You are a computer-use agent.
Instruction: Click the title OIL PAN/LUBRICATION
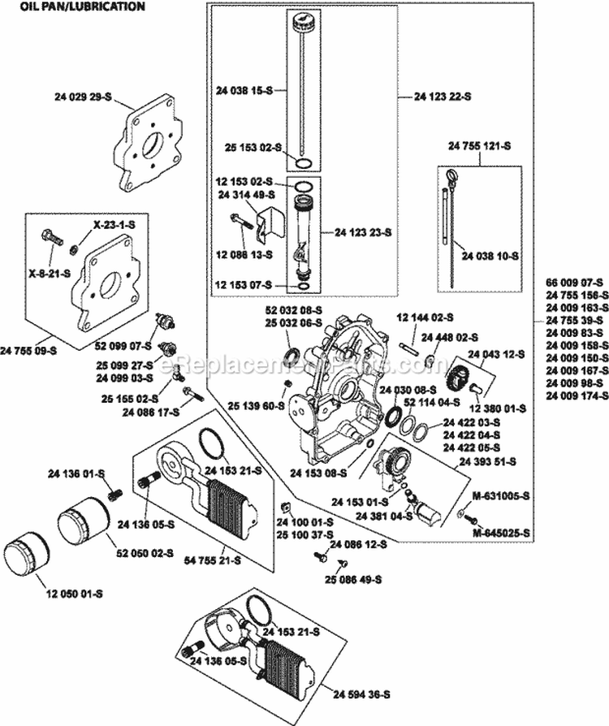click(x=76, y=6)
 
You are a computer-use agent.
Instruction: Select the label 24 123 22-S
click(x=443, y=97)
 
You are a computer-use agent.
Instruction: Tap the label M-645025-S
click(x=502, y=533)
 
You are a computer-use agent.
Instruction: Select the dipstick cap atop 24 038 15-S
click(x=302, y=19)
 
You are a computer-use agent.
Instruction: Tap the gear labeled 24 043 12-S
click(x=459, y=378)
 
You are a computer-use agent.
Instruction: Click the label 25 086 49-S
click(x=352, y=578)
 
